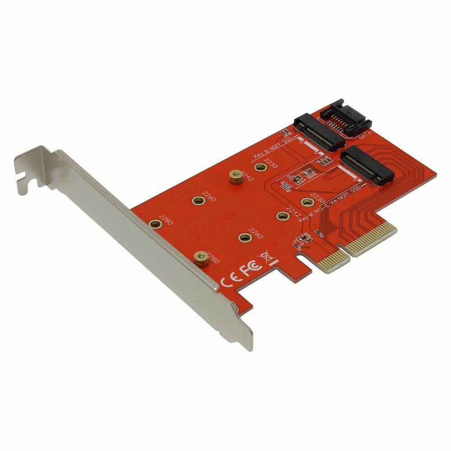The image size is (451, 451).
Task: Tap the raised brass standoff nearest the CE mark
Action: [201, 258]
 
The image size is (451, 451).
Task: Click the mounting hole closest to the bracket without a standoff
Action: [155, 223]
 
